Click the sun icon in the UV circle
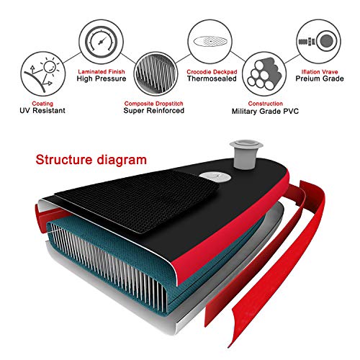pos(50,66)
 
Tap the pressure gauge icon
pos(102,41)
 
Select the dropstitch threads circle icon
pos(156,74)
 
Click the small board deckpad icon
pos(210,41)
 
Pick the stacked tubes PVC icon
pos(264,73)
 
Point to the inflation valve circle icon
pos(319,41)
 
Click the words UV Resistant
pos(42,111)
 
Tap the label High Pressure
pos(102,78)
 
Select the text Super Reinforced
pos(154,111)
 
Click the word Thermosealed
pos(212,78)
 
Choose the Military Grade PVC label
pos(265,112)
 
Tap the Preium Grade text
pos(320,78)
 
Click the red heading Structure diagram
pos(91,160)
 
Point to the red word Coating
pos(42,104)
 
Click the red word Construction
pos(266,104)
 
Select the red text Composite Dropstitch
pos(154,104)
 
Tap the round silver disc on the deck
pos(215,177)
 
